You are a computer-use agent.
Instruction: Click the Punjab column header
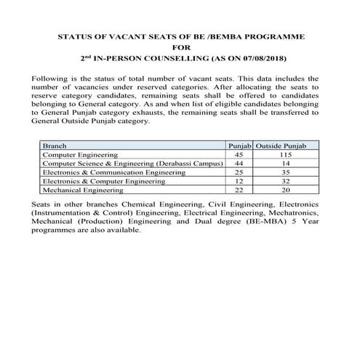click(239, 146)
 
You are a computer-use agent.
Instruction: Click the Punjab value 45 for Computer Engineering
click(239, 155)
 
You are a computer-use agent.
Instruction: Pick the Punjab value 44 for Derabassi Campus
click(239, 164)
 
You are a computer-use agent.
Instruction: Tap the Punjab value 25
click(239, 172)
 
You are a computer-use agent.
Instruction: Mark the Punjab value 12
click(239, 180)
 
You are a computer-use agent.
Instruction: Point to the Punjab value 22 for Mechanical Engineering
click(239, 188)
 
